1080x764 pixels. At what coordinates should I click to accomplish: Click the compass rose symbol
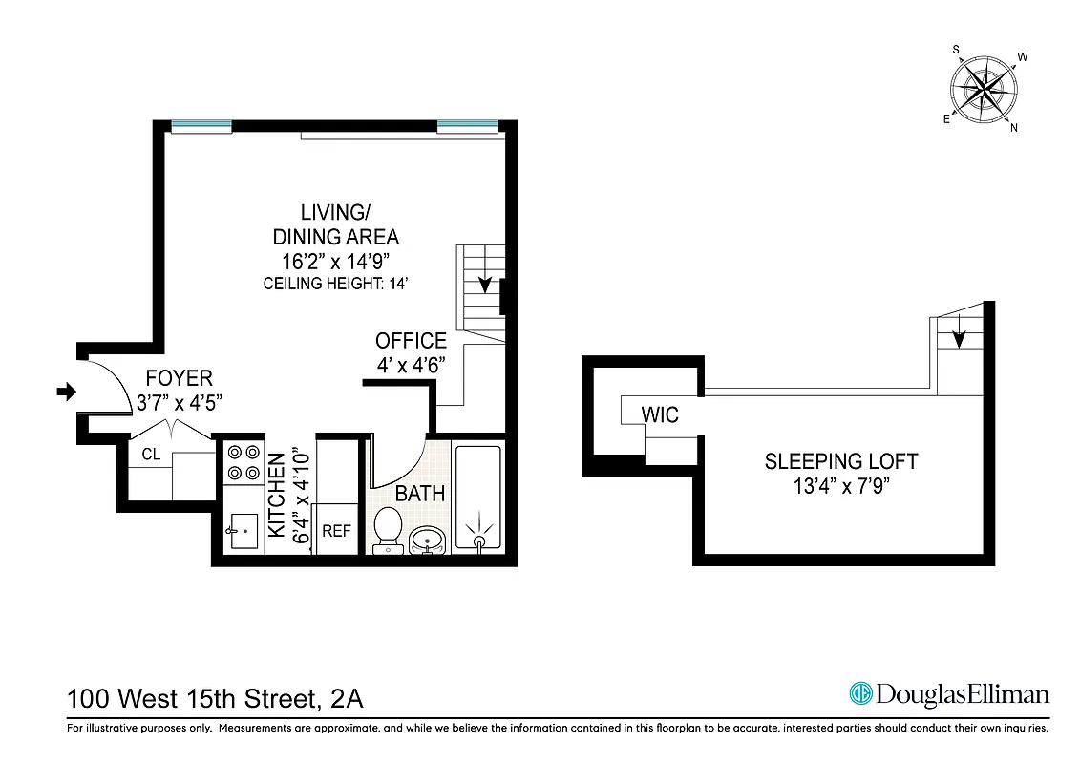point(983,90)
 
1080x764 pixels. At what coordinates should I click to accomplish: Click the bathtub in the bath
point(477,498)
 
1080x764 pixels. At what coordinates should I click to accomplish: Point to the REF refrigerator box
point(336,530)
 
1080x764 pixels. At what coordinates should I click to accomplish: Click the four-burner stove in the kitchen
point(242,463)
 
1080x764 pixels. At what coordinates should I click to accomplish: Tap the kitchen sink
point(243,528)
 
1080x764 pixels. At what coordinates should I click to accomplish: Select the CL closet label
point(151,455)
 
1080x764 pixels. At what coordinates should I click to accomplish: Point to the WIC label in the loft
point(660,415)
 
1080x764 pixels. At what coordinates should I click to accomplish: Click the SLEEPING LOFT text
point(840,461)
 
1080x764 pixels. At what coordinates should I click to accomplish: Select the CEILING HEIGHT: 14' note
point(336,284)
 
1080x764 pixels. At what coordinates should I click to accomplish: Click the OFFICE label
point(411,341)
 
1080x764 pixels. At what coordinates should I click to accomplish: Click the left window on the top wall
point(201,125)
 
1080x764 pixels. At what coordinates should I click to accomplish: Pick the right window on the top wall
point(467,125)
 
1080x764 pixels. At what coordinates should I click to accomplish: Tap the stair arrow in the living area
point(485,283)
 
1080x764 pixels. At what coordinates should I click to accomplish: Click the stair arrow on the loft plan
point(960,338)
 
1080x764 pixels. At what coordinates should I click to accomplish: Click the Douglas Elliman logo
point(949,694)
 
